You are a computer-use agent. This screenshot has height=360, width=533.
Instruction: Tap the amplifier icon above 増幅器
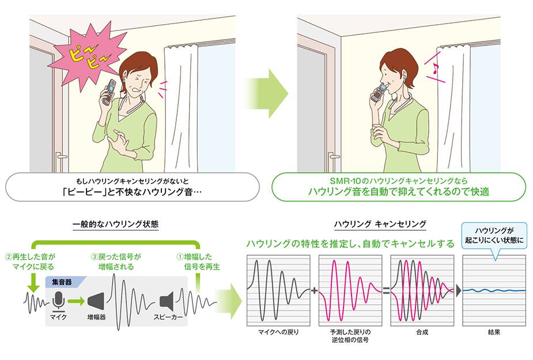click(x=96, y=301)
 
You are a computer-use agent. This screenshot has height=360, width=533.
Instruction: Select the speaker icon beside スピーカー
click(x=167, y=301)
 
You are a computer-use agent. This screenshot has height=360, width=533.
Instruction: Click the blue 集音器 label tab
click(x=64, y=282)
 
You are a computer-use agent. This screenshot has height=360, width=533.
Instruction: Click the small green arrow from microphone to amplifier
click(x=76, y=301)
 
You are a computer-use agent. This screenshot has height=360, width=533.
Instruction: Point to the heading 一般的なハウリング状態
click(x=116, y=224)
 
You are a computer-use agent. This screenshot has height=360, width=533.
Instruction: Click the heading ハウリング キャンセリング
click(x=380, y=224)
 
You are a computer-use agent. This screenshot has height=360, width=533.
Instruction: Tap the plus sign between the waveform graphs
click(x=314, y=291)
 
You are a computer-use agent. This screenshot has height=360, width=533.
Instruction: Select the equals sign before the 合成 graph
click(x=386, y=291)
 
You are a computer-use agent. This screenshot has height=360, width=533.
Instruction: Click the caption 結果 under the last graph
click(x=494, y=332)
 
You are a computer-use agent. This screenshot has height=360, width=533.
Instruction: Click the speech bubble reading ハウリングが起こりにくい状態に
click(x=494, y=236)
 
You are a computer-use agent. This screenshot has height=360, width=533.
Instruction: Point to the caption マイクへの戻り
click(x=278, y=332)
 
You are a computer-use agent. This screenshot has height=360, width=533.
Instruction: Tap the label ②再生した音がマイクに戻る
click(x=30, y=262)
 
